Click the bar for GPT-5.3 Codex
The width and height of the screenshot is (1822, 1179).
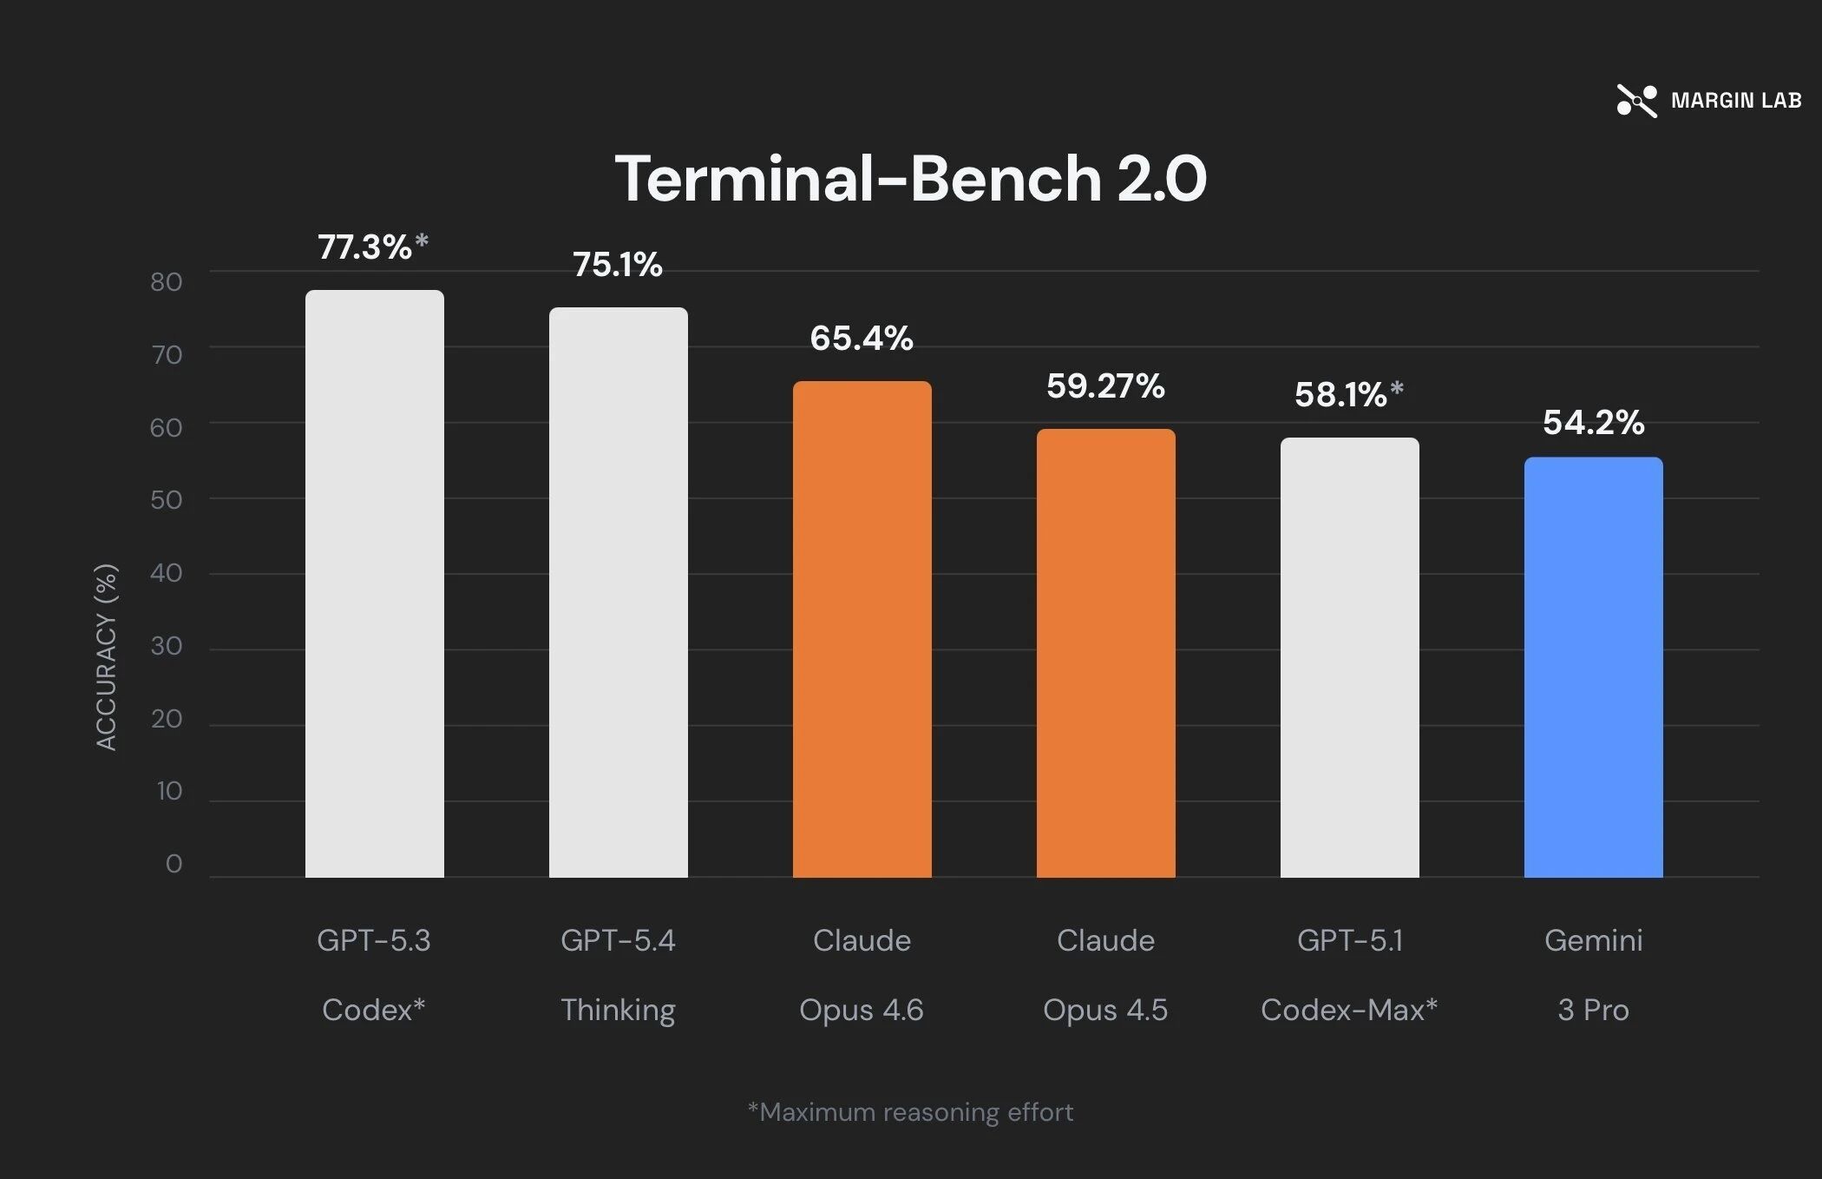point(375,583)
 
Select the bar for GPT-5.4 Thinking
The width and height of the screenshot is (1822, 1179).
point(619,592)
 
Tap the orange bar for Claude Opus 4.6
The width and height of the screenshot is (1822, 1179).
point(862,629)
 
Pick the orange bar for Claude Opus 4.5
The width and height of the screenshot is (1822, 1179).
point(1106,653)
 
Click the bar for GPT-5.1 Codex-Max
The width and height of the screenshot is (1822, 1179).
point(1350,657)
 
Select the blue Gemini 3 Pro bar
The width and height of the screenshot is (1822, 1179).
point(1594,668)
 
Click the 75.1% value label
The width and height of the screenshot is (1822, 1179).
point(618,265)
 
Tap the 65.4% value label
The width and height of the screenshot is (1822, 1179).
point(862,338)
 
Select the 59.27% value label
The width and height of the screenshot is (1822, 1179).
point(1105,386)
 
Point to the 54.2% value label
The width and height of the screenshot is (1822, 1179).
point(1594,423)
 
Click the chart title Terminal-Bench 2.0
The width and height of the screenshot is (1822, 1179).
point(911,178)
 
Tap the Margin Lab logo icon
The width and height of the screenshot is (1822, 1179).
point(1637,101)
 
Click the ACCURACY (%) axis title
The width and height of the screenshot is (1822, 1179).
point(106,657)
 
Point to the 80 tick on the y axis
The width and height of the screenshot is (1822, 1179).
point(166,281)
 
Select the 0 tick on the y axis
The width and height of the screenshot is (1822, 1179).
point(174,864)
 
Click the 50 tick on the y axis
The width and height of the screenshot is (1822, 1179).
point(166,500)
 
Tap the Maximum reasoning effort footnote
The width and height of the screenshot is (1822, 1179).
point(911,1112)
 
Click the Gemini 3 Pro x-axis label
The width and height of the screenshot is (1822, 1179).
point(1594,975)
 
